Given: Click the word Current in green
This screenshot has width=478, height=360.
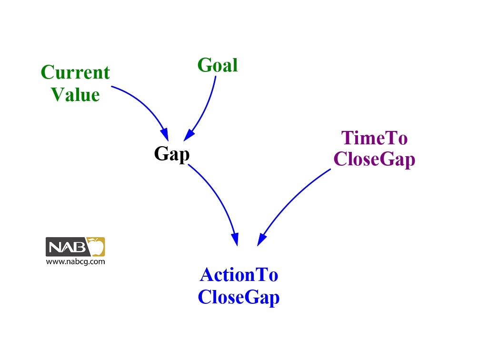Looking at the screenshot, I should (x=75, y=73).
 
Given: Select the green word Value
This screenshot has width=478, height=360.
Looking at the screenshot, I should (x=75, y=94).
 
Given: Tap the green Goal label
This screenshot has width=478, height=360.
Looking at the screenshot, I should (x=218, y=65).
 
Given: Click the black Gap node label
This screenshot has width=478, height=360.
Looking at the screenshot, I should (x=171, y=154).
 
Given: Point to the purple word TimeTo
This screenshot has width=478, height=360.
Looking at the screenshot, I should (x=374, y=139).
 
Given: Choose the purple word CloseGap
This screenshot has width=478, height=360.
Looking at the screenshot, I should (x=374, y=160).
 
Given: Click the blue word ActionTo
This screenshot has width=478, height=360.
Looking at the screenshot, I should (x=239, y=275).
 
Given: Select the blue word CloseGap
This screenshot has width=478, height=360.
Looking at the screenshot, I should (x=239, y=297).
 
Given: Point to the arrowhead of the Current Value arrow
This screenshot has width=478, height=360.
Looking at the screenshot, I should (x=164, y=132).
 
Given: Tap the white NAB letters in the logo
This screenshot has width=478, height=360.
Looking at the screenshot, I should (x=67, y=248).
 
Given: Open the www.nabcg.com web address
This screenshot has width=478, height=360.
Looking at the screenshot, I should (x=75, y=261).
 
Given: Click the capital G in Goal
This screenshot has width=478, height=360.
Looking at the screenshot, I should (x=204, y=65).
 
